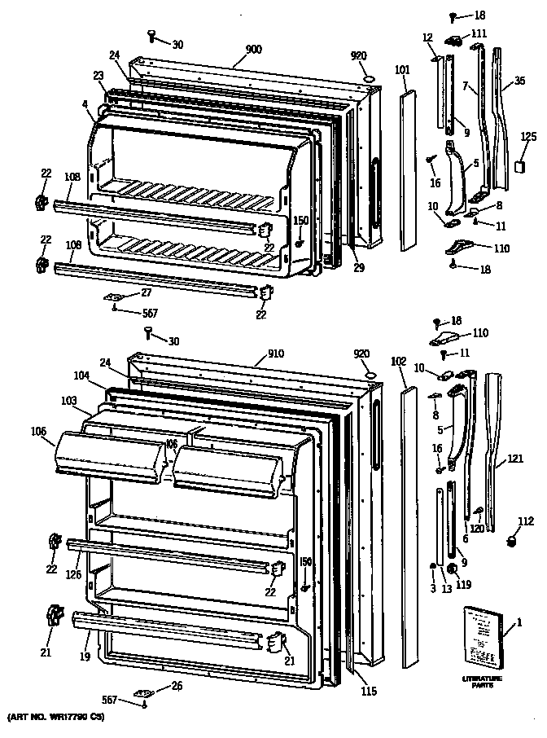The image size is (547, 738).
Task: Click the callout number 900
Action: [253, 50]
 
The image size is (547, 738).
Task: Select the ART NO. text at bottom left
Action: [54, 718]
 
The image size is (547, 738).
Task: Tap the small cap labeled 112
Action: [513, 540]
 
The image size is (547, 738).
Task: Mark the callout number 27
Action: [147, 292]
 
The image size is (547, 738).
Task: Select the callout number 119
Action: [464, 583]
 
